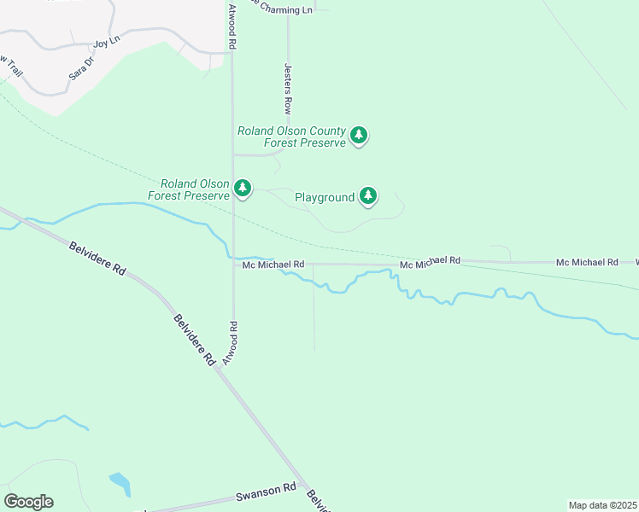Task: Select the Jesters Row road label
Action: coord(288,88)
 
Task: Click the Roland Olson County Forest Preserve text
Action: coord(291,137)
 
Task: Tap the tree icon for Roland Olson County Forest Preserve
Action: coord(360,135)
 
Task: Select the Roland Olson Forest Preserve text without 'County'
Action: coord(189,189)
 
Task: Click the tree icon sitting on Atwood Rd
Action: coord(243,188)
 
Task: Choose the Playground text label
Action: coord(325,197)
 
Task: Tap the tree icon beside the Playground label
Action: coord(368,195)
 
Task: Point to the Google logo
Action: coord(28,502)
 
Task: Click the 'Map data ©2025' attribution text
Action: coord(602,505)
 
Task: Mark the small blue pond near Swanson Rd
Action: coord(120,484)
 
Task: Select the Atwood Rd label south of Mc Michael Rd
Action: coord(231,343)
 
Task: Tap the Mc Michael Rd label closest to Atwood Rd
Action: coord(273,265)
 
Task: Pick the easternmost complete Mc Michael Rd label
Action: coord(587,262)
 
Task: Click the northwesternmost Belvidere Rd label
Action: coord(97,257)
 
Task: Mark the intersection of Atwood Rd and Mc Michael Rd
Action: coord(234,265)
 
